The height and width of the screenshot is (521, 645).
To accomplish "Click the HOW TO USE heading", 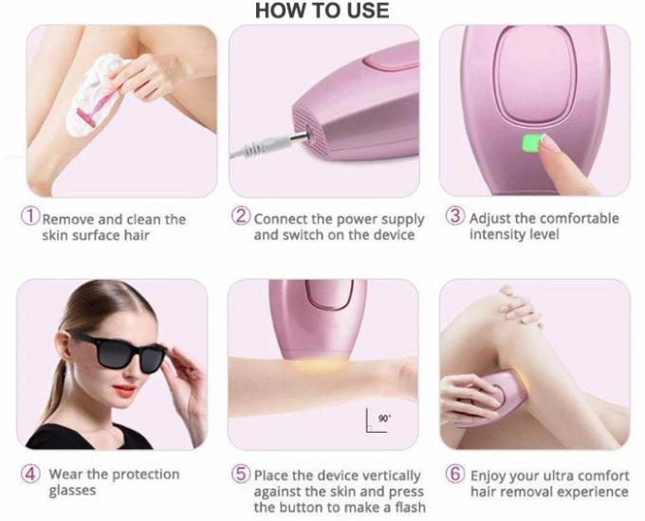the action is point(322,10).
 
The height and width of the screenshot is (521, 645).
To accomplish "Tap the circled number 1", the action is point(30,216).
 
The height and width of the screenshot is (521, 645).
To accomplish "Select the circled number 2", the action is point(241,216).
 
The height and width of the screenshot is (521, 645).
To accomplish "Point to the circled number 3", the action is point(455,215).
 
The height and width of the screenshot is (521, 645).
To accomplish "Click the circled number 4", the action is point(30,474).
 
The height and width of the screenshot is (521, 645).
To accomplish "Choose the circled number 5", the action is point(241,474).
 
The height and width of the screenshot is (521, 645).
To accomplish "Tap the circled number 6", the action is point(455,474).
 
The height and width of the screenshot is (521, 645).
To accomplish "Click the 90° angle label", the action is point(384,419).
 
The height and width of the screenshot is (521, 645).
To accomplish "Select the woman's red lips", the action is point(124,389).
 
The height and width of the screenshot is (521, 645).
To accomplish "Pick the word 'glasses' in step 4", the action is point(72,491).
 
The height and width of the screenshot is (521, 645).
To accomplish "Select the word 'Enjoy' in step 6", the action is point(488,476).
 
